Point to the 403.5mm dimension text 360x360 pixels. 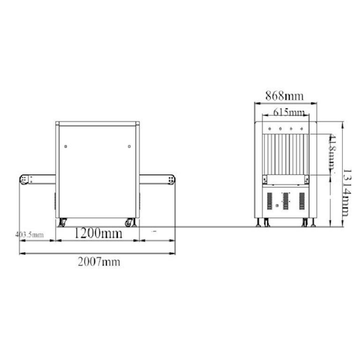(29, 235)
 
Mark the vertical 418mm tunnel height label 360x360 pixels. (330, 154)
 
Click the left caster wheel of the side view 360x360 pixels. (63, 222)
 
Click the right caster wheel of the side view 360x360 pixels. (130, 222)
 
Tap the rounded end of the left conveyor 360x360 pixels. (24, 177)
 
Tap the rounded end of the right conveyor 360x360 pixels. (171, 177)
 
